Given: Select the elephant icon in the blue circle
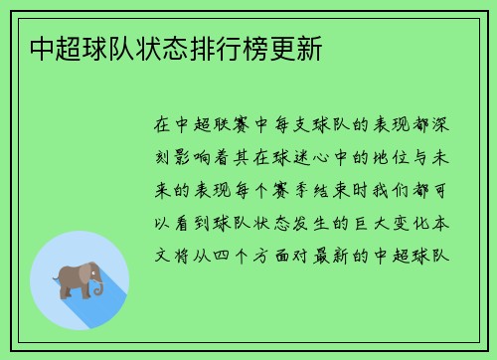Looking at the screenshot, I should pos(79,281).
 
